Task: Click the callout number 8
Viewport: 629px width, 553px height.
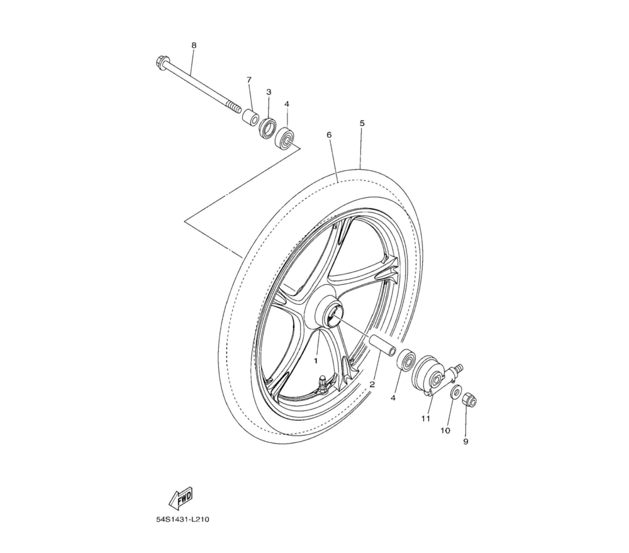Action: point(194,45)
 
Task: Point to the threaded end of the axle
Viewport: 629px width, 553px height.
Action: point(233,107)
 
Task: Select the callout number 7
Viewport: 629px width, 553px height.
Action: point(248,80)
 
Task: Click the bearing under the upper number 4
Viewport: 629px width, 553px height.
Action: point(285,138)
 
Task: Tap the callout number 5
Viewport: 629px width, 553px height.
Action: point(362,123)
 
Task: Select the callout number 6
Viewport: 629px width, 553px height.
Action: point(329,135)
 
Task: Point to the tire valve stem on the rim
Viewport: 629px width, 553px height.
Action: point(322,382)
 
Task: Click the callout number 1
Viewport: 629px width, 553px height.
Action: point(316,361)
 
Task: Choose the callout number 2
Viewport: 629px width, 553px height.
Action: point(372,385)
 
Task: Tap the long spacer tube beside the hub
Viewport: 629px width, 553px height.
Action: point(382,344)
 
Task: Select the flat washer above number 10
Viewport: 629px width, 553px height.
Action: point(455,391)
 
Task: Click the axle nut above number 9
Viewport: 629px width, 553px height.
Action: point(469,400)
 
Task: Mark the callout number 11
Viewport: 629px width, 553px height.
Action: point(425,419)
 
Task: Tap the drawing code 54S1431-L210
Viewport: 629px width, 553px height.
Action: point(183,520)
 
